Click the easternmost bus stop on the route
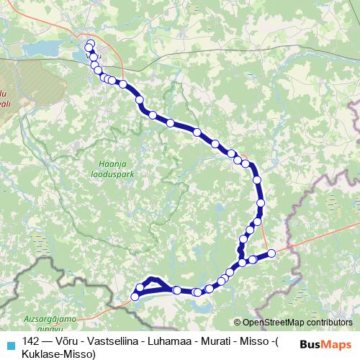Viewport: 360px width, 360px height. click(x=271, y=253)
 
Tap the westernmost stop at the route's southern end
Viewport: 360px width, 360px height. click(x=135, y=297)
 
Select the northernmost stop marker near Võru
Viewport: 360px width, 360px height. click(x=90, y=44)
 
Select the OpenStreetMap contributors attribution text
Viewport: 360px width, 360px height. click(x=297, y=323)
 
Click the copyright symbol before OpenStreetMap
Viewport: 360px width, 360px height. click(x=237, y=323)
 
